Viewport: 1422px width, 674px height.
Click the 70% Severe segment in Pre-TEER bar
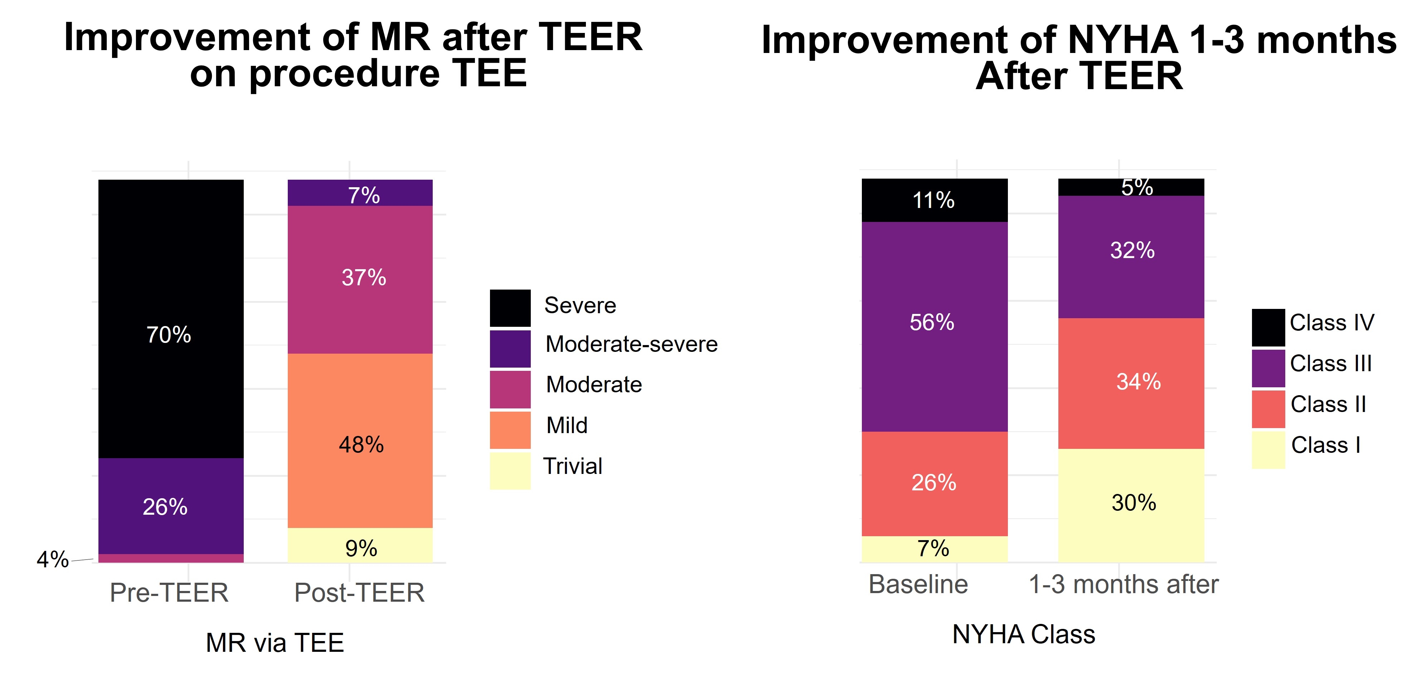coord(171,319)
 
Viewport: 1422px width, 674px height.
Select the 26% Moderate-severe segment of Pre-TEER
coord(171,506)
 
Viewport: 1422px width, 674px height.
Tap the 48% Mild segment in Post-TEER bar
coord(360,441)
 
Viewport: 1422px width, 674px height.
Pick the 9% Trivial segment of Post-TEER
coord(360,545)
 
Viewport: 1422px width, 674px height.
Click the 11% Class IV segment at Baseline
coord(934,200)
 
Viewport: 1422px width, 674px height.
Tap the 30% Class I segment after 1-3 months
coord(1131,505)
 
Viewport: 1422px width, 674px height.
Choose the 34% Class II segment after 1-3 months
coord(1131,383)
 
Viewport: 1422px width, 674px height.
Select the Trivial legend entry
coord(572,466)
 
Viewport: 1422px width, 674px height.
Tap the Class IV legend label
coord(1331,323)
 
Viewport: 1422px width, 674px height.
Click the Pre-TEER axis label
coord(169,593)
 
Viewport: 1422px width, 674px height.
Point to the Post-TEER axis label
coord(359,593)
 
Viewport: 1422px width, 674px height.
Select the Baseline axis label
coord(918,584)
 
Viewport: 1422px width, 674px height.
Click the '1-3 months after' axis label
coord(1123,584)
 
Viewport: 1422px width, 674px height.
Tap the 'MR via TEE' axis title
coord(275,643)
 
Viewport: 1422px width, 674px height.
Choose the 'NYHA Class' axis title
coord(1023,634)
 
